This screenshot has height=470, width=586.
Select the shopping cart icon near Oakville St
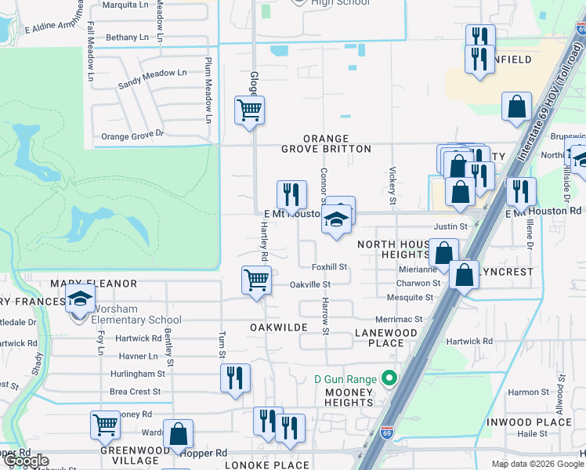tap(257, 280)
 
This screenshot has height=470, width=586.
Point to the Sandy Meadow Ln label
tap(152, 78)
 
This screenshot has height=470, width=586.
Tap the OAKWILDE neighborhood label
tap(278, 326)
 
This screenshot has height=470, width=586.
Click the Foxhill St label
tap(329, 267)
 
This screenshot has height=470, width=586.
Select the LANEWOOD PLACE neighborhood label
tap(385, 338)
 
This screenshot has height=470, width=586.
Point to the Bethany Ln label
tap(127, 37)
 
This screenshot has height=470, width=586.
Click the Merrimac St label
tap(399, 320)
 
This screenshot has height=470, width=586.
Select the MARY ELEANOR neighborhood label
tap(93, 284)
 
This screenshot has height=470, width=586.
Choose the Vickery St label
tap(392, 182)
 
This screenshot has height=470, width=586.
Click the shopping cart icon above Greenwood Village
tap(105, 425)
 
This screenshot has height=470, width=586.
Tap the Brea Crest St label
tap(136, 392)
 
